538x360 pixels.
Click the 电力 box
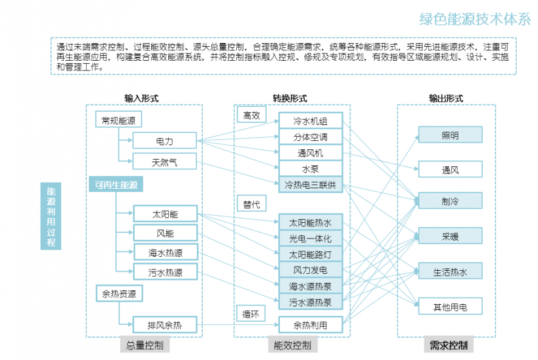coord(165,141)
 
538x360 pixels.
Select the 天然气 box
coord(165,161)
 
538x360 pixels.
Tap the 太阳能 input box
coord(165,214)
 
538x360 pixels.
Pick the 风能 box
coord(165,233)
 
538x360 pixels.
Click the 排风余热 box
coord(165,325)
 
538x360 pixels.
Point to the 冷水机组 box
coord(310,121)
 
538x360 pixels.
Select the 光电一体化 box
coord(310,239)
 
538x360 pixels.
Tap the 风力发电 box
coord(310,270)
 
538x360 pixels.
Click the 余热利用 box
coord(310,325)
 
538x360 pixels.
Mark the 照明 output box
coord(450,135)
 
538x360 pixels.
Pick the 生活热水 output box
coord(450,271)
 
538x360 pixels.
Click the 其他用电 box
coord(450,307)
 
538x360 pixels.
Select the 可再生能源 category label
coord(116,185)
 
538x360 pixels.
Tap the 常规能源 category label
coord(119,120)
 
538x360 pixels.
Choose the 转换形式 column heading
coord(290,98)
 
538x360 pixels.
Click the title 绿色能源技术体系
coord(475,19)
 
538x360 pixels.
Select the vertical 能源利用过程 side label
coord(51,216)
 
